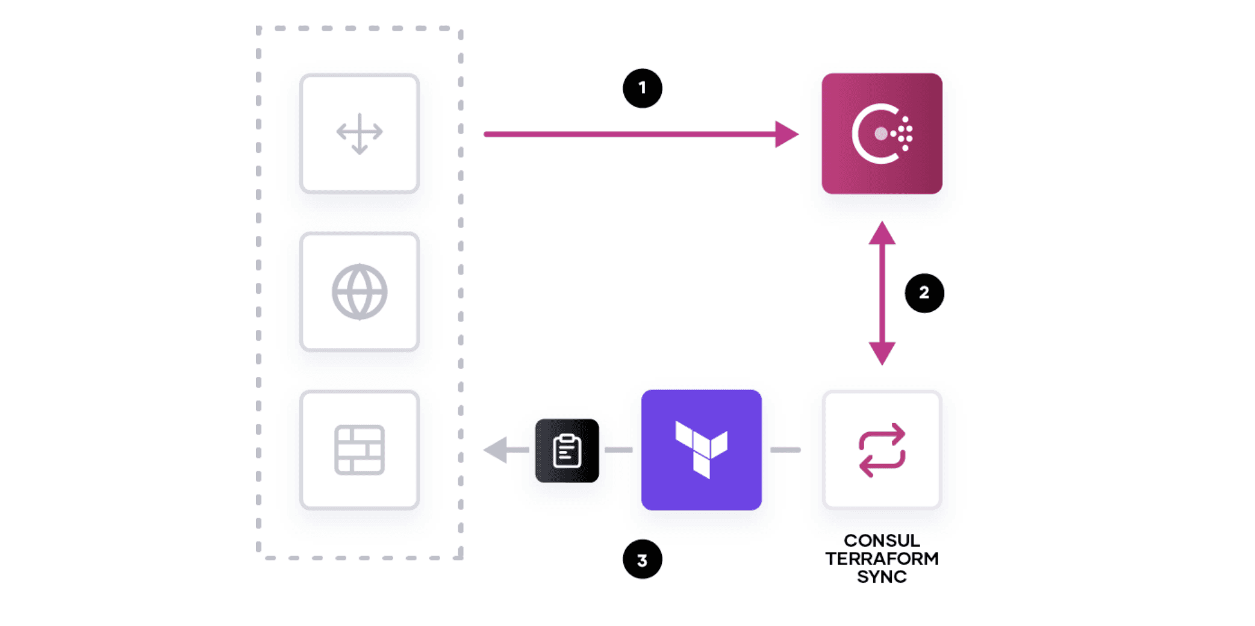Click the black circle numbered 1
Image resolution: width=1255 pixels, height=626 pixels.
tap(642, 88)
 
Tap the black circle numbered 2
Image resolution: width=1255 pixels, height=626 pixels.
tap(924, 293)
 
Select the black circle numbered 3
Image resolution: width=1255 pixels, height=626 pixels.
tap(642, 559)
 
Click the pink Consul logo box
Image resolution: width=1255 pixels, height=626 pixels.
tap(882, 134)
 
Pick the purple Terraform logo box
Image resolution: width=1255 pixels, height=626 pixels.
tap(701, 450)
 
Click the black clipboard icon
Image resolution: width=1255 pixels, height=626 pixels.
tap(567, 451)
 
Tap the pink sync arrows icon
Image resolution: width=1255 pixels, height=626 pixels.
tap(882, 450)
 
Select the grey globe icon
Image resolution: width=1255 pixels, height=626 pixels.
tap(360, 292)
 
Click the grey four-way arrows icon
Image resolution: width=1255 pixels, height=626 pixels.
tap(360, 133)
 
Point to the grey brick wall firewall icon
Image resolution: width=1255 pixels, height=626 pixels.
tap(360, 450)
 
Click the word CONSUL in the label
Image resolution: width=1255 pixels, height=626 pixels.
tap(882, 541)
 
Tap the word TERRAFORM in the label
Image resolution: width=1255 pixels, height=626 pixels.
tap(882, 559)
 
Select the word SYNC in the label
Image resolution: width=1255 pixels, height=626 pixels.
tap(882, 577)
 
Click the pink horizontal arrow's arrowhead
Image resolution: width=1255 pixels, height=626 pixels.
tap(786, 134)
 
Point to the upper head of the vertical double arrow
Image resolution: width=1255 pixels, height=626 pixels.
tap(882, 233)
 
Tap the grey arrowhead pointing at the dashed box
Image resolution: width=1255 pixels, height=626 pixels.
tap(496, 450)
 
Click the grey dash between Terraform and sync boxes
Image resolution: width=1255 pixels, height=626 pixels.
tap(785, 450)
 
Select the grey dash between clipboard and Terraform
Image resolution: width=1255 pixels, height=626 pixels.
tap(618, 450)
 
